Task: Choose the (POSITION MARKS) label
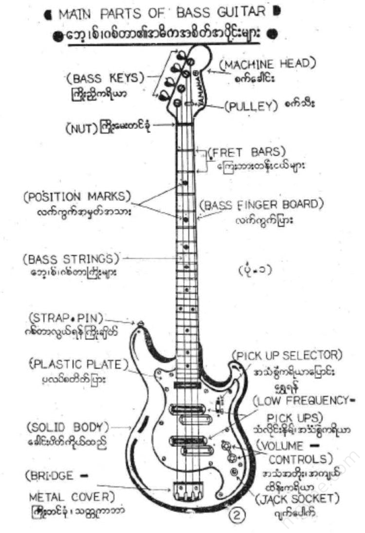pos(77,196)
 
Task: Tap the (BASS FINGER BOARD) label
pos(262,205)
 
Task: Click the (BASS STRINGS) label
pos(71,258)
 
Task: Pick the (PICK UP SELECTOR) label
pos(287,355)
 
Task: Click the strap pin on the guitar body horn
pos(141,323)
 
